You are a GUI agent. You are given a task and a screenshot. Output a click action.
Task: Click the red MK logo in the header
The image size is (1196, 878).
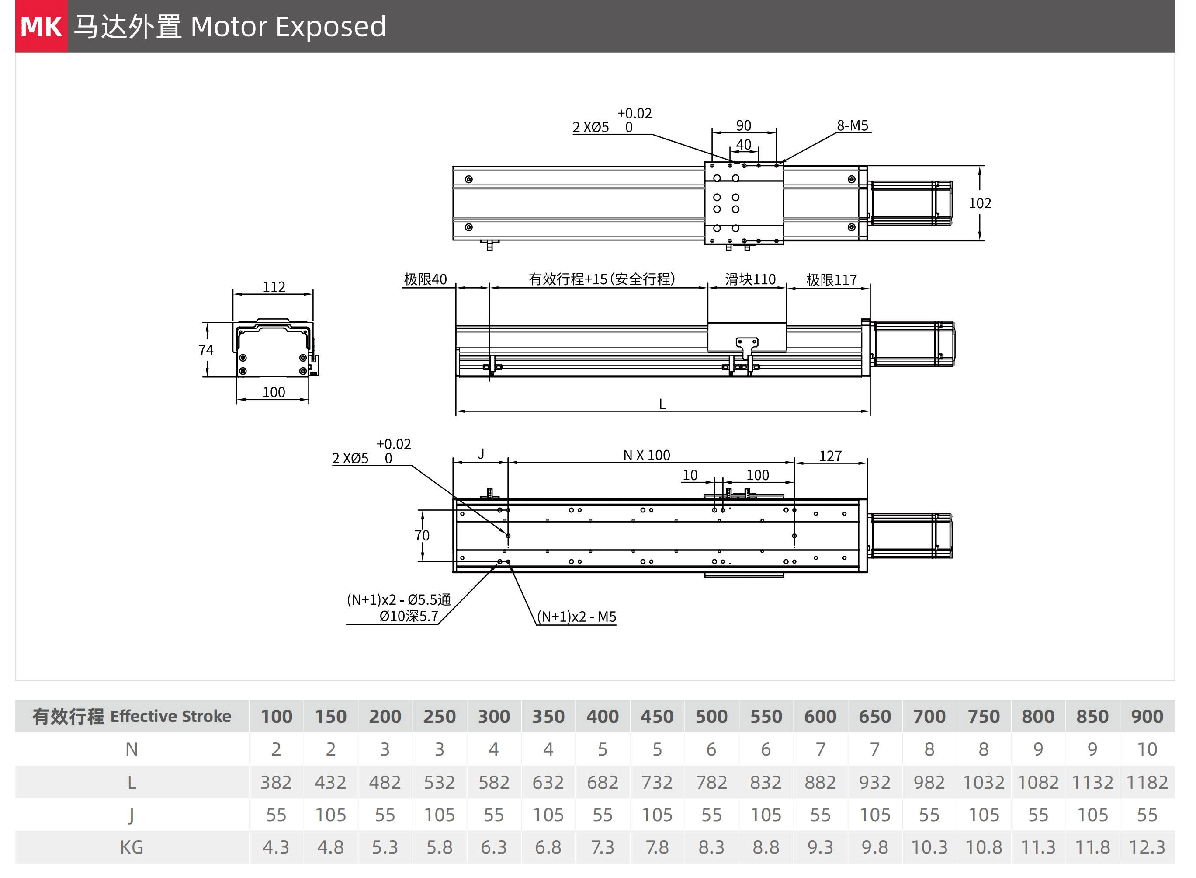point(42,27)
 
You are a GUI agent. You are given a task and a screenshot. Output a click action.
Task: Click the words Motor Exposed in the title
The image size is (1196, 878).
point(288,27)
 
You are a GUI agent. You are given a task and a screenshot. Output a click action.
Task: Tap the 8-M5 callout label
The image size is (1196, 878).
point(853,125)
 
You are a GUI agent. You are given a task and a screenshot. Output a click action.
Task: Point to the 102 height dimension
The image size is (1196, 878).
point(979,203)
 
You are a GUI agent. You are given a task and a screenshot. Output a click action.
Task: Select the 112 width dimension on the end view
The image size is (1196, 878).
point(274,287)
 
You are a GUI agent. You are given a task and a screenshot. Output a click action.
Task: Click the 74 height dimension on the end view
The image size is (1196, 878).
point(206,350)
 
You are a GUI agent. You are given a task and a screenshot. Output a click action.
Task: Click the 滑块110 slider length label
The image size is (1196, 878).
point(750,279)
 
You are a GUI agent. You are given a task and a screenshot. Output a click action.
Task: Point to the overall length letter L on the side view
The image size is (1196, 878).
point(662,404)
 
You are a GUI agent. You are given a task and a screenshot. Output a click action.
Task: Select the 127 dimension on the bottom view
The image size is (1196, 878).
point(830,456)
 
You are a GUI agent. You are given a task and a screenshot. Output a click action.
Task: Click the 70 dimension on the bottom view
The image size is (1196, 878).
point(422,535)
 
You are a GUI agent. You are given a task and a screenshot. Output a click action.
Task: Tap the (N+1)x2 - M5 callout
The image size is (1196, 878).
point(576,617)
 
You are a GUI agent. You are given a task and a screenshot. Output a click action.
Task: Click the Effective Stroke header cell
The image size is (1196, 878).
point(132,716)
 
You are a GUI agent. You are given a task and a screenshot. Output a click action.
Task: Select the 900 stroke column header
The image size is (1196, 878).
point(1147,716)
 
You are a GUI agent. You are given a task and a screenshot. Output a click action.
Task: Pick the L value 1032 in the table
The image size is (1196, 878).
point(983,782)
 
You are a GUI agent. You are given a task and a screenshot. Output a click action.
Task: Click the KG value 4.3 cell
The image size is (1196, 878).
point(276,847)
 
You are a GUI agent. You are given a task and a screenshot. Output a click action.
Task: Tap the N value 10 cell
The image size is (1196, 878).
point(1147,749)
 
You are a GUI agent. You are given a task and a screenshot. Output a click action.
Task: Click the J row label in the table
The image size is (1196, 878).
point(132,815)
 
